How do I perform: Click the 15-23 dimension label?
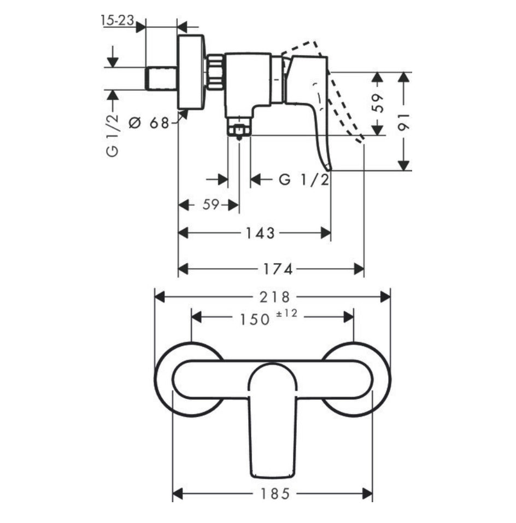[116, 20]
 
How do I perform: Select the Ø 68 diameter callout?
[149, 123]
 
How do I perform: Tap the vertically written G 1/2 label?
[112, 136]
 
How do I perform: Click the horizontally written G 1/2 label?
[304, 179]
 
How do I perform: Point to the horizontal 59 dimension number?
[210, 205]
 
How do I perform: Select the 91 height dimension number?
[404, 121]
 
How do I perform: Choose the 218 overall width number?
[274, 297]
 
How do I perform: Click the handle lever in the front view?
[272, 427]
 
